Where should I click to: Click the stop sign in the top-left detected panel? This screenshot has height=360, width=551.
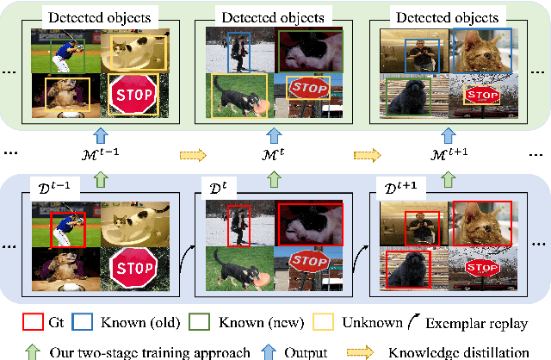(x=133, y=93)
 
